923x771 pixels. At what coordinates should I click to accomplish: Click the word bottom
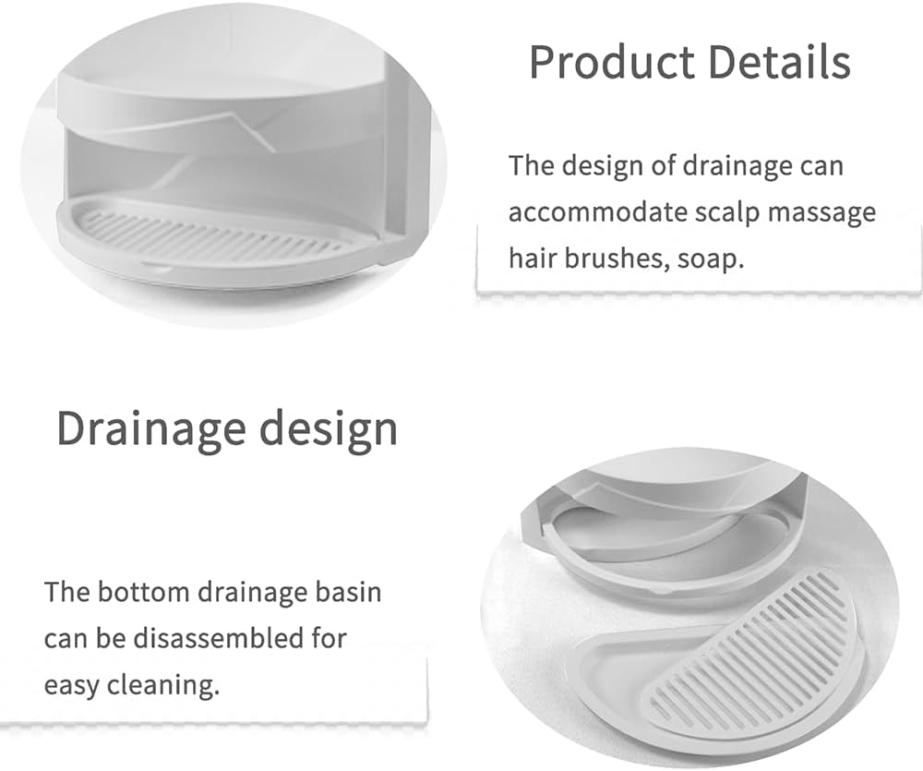(x=143, y=591)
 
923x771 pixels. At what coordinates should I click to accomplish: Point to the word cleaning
(x=170, y=686)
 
